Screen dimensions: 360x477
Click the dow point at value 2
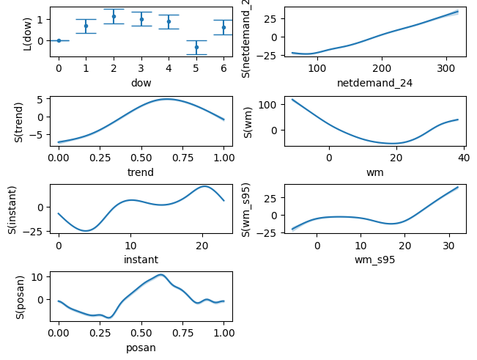click(114, 16)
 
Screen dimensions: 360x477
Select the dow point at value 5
click(196, 47)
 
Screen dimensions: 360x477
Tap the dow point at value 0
click(59, 40)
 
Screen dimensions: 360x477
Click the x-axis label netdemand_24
click(374, 83)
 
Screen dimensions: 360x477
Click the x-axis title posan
click(141, 348)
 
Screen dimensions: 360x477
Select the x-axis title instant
click(141, 259)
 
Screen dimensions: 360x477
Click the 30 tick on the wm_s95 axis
click(449, 245)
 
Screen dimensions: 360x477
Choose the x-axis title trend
click(141, 171)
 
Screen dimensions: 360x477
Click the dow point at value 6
click(223, 27)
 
